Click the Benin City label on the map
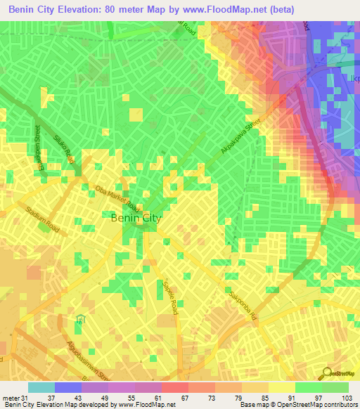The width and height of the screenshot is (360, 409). (136, 219)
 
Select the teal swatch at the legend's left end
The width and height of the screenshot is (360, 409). (41, 387)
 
